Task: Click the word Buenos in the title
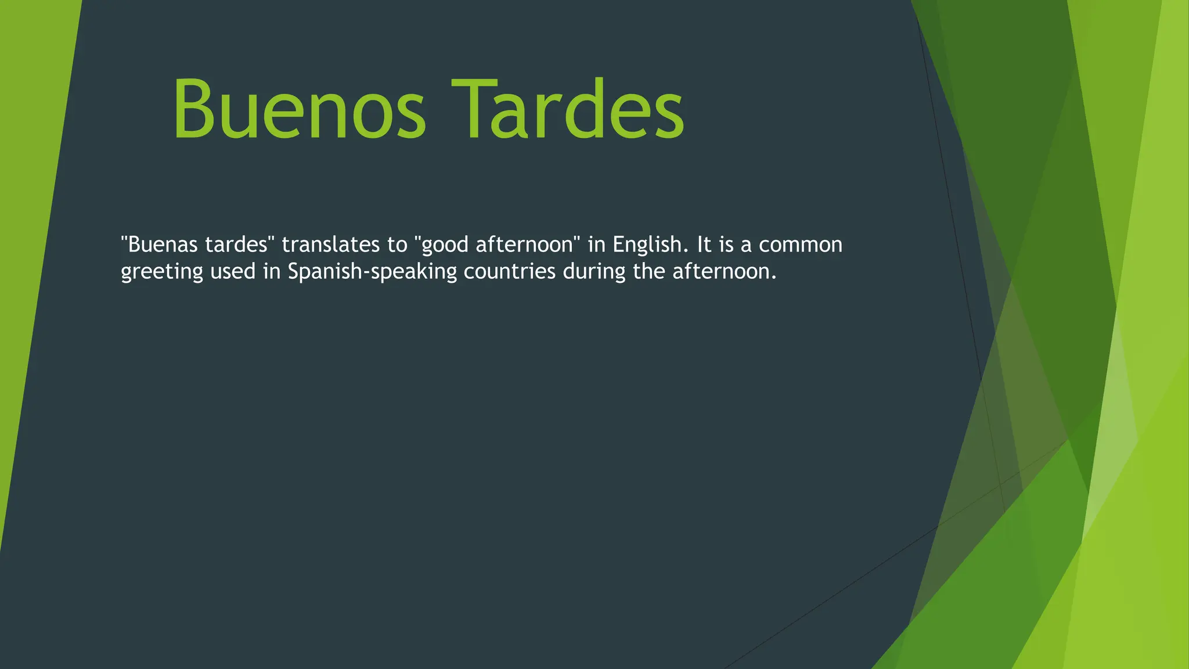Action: (299, 110)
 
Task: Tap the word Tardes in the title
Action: (568, 110)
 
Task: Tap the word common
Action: (800, 244)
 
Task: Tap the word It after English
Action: (704, 244)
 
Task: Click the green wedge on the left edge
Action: (29, 232)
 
